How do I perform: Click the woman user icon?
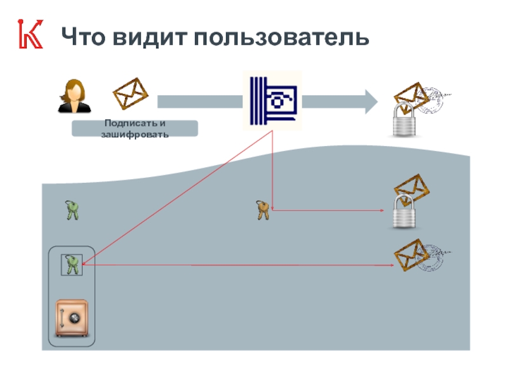coord(74,96)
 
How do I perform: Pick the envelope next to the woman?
coord(130,94)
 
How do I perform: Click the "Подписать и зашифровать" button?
coord(135,129)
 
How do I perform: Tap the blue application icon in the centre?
coord(273,100)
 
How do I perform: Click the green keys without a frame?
coord(73,210)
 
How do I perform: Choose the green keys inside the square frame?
coord(72,264)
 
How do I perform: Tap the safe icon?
coord(72,318)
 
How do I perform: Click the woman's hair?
coord(74,86)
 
